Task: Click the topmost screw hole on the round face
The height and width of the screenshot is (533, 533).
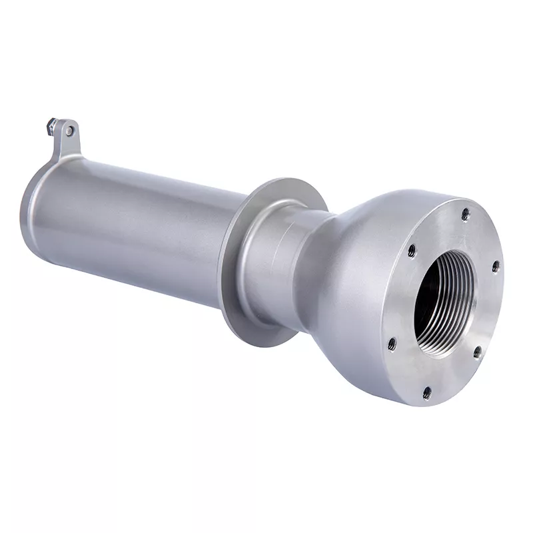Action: pos(466,214)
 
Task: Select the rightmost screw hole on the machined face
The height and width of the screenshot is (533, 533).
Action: pos(496,265)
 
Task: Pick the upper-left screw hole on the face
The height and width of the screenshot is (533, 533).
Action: pos(411,251)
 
